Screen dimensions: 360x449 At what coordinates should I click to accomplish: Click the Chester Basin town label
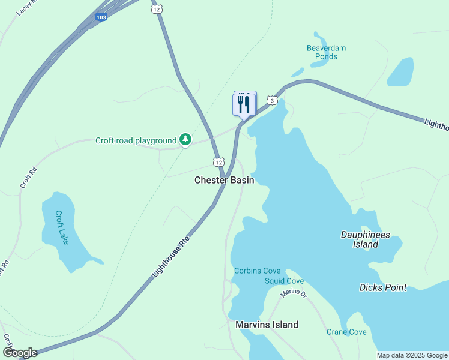coord(224,180)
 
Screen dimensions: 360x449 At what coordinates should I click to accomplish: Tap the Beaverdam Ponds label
coord(326,52)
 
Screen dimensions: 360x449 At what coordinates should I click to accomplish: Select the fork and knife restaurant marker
coord(244,104)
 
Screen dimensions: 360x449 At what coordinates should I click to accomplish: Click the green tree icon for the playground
coord(185,140)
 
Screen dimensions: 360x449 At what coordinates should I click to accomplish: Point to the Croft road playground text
coord(136,141)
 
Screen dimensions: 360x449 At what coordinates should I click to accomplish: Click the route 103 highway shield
coord(101,17)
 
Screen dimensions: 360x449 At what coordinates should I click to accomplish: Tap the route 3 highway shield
coord(273,100)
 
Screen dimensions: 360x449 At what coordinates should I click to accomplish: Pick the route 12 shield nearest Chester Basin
coord(218,162)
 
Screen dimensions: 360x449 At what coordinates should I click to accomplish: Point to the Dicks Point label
coord(382,287)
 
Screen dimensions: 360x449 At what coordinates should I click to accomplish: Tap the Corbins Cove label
coord(256,271)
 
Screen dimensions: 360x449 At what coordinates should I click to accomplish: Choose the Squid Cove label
coord(284,281)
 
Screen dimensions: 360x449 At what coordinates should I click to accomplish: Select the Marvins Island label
coord(267,325)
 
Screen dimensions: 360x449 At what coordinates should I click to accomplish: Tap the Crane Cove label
coord(346,332)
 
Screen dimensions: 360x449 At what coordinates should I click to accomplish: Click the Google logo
coord(20,352)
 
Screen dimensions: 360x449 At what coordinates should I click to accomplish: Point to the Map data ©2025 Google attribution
coord(412,355)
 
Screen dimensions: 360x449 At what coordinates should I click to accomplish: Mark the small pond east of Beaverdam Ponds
coord(400,72)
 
